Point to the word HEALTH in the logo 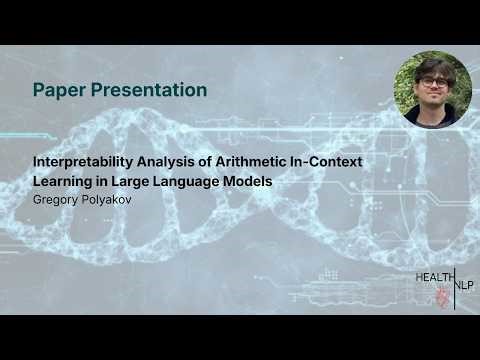(435, 276)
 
